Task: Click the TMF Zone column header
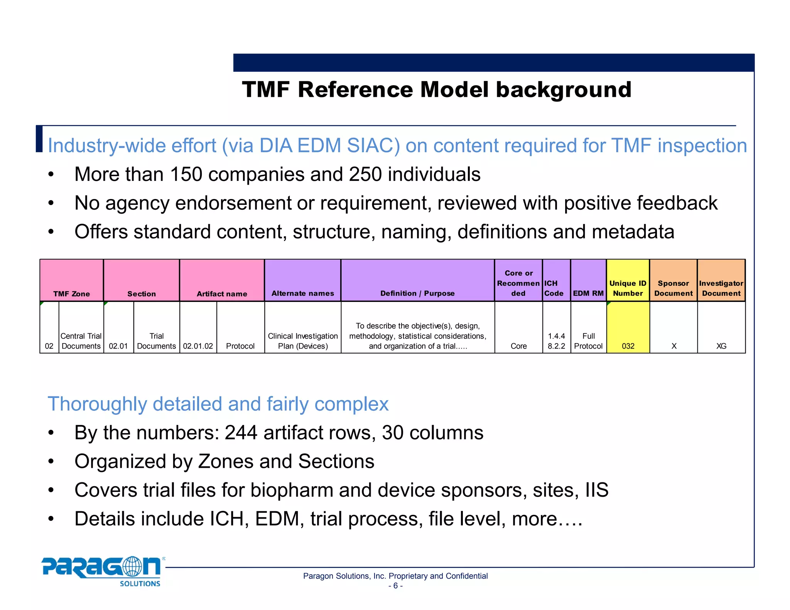pyautogui.click(x=72, y=281)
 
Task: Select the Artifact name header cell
pyautogui.click(x=222, y=281)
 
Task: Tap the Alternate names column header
pyautogui.click(x=303, y=281)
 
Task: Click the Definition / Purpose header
pyautogui.click(x=417, y=281)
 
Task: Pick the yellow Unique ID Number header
pyautogui.click(x=628, y=281)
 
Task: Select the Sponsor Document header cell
pyautogui.click(x=673, y=281)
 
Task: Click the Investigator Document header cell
pyautogui.click(x=721, y=281)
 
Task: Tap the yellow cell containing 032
pyautogui.click(x=628, y=328)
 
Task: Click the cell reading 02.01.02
pyautogui.click(x=198, y=345)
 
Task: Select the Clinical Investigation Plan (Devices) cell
pyautogui.click(x=303, y=341)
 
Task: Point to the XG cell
pyautogui.click(x=721, y=345)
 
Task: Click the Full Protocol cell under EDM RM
pyautogui.click(x=588, y=341)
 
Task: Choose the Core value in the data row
pyautogui.click(x=518, y=345)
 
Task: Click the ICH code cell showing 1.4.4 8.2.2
pyautogui.click(x=556, y=341)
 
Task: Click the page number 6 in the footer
pyautogui.click(x=395, y=586)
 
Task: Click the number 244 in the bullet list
pyautogui.click(x=241, y=433)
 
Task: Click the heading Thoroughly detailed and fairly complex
pyautogui.click(x=218, y=404)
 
